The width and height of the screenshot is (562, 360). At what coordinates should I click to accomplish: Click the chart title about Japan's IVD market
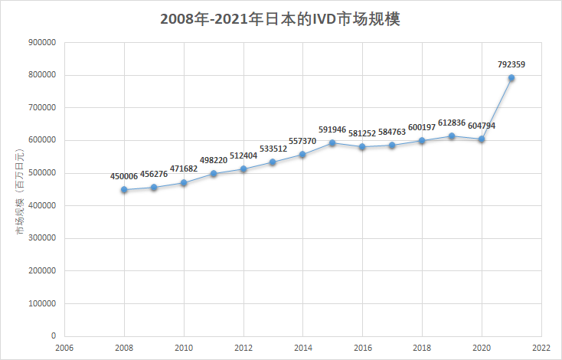(x=280, y=19)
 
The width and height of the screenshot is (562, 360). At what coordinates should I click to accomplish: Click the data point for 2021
(x=511, y=78)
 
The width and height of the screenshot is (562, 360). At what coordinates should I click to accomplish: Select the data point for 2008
(x=124, y=189)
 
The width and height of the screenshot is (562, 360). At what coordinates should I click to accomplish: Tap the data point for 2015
(x=332, y=143)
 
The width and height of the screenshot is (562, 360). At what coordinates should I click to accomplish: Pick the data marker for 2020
(x=482, y=139)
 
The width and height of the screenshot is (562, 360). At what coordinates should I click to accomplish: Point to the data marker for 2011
(x=214, y=174)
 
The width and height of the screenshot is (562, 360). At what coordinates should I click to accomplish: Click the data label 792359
(x=511, y=65)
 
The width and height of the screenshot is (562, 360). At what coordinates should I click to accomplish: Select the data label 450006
(x=124, y=176)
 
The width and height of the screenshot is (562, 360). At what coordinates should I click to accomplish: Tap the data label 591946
(x=332, y=130)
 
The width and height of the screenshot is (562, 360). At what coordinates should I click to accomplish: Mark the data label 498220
(x=214, y=161)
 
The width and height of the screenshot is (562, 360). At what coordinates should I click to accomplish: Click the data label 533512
(x=273, y=149)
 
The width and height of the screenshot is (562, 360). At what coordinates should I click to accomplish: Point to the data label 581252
(x=362, y=133)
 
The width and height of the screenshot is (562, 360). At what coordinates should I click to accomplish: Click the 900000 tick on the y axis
(x=42, y=43)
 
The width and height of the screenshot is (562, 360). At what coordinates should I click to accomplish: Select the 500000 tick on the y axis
(x=42, y=173)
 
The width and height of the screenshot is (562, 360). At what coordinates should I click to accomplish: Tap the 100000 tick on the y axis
(x=42, y=303)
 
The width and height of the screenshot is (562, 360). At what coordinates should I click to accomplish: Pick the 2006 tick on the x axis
(x=64, y=347)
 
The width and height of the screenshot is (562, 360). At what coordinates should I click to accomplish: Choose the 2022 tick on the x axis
(x=541, y=347)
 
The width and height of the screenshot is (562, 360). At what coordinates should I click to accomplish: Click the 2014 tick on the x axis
(x=303, y=347)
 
